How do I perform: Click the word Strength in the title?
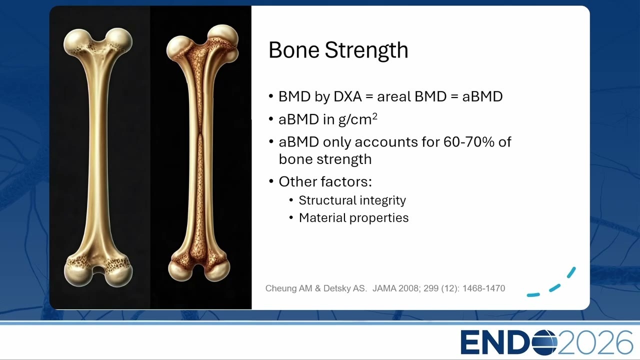click(x=366, y=50)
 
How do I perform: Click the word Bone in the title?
click(x=294, y=50)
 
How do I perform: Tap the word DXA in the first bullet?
click(x=347, y=96)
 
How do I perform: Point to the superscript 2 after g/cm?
click(x=374, y=115)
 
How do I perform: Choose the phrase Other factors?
click(x=325, y=181)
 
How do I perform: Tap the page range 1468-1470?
click(x=483, y=288)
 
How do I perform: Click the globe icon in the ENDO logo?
click(x=544, y=342)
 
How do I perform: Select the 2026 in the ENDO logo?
click(x=595, y=342)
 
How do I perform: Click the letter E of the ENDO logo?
click(x=470, y=342)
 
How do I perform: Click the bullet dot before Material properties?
click(x=291, y=218)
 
